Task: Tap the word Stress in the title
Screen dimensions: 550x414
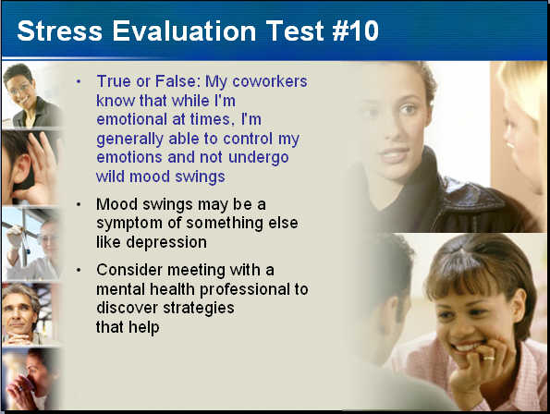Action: (x=60, y=30)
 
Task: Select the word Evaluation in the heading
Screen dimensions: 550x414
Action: (x=185, y=30)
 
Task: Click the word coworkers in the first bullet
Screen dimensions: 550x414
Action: (x=270, y=81)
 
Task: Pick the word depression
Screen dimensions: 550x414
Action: (x=166, y=243)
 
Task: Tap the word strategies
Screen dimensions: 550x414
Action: (x=199, y=309)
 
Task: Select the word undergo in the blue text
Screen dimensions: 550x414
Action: (x=259, y=157)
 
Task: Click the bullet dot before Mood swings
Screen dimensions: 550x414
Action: (x=79, y=204)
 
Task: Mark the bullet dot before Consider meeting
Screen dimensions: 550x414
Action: (x=79, y=270)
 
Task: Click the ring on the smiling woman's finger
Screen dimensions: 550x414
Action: (x=489, y=358)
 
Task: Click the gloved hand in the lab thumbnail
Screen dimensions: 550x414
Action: (x=15, y=236)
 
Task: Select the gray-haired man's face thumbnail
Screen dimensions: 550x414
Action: (x=31, y=314)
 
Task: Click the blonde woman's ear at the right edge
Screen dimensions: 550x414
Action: (x=508, y=138)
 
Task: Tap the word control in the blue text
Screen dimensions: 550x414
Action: (x=248, y=139)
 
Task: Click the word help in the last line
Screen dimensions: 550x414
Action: (x=144, y=327)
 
